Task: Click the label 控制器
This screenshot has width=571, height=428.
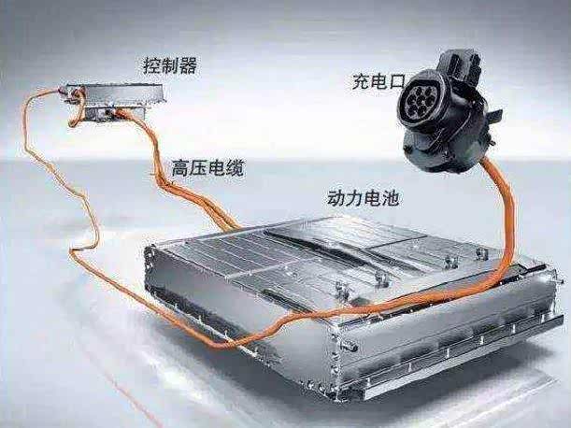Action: click(x=170, y=65)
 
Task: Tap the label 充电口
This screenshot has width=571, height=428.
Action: click(x=378, y=81)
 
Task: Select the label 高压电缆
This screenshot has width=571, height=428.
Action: click(x=207, y=168)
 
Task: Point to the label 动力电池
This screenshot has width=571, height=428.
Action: click(x=363, y=198)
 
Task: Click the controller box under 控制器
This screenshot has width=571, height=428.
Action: click(x=114, y=100)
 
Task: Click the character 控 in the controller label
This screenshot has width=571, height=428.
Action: click(x=152, y=65)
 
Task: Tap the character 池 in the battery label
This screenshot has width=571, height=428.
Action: click(x=391, y=198)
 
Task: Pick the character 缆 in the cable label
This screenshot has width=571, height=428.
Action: click(x=235, y=168)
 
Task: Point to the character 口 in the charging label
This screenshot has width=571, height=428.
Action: click(x=396, y=82)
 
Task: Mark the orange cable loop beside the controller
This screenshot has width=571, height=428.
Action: click(x=78, y=107)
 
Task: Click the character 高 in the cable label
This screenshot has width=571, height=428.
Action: click(x=180, y=168)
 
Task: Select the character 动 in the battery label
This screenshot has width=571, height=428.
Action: click(x=335, y=198)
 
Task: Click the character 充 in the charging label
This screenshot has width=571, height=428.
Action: click(x=361, y=81)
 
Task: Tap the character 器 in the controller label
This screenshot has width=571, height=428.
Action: click(x=189, y=65)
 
